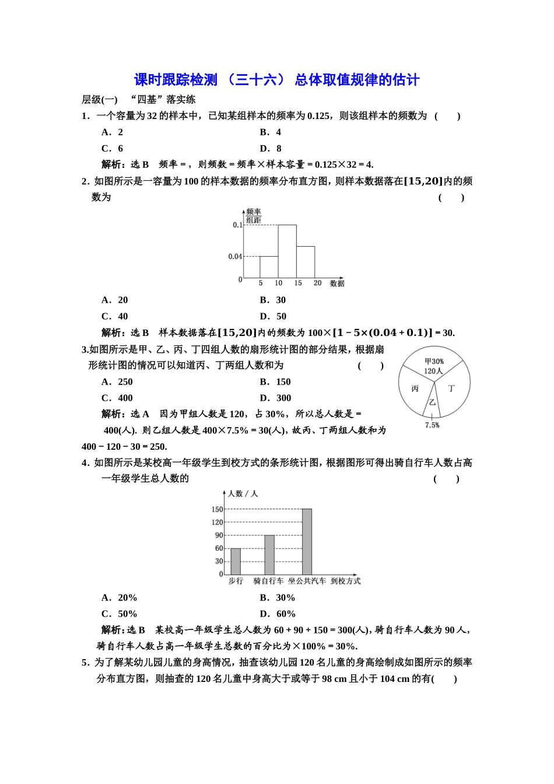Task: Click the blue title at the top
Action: (x=276, y=80)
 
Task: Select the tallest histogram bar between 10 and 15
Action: (x=287, y=251)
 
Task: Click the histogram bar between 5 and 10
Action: (x=269, y=267)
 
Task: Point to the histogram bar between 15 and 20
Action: (x=306, y=262)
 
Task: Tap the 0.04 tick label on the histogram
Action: (x=234, y=257)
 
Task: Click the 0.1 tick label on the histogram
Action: (x=237, y=225)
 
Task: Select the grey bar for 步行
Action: (x=236, y=562)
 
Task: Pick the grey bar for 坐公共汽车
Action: (x=307, y=542)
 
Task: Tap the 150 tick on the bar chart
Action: (x=217, y=509)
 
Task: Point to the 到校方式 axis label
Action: (x=346, y=581)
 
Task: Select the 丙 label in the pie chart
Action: (x=415, y=388)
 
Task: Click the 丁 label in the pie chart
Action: (x=451, y=388)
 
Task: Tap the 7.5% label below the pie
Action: (x=432, y=425)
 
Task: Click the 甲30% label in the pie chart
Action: (x=434, y=362)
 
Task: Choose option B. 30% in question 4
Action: (x=278, y=598)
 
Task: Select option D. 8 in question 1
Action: (x=271, y=149)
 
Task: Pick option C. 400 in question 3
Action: (x=117, y=398)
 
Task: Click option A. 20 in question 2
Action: (x=115, y=300)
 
